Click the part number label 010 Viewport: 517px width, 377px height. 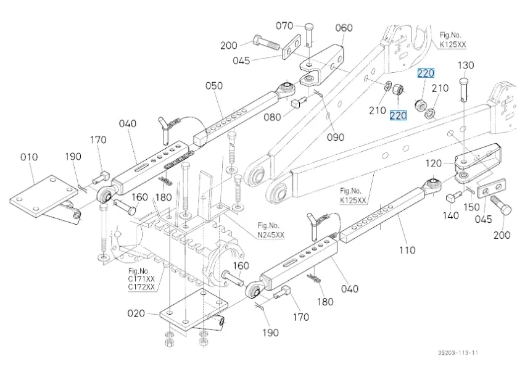pyautogui.click(x=29, y=157)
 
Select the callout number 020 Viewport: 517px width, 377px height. pyautogui.click(x=136, y=313)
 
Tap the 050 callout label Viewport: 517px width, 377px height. pyautogui.click(x=214, y=86)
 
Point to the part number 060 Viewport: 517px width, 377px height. pyautogui.click(x=344, y=28)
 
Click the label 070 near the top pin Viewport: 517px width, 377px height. pyautogui.click(x=284, y=25)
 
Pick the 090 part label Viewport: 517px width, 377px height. pyautogui.click(x=336, y=137)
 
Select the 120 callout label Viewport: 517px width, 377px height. pyautogui.click(x=434, y=163)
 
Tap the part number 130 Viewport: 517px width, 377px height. pyautogui.click(x=466, y=65)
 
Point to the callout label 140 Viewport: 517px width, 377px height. pyautogui.click(x=451, y=215)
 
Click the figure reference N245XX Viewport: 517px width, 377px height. pyautogui.click(x=271, y=234)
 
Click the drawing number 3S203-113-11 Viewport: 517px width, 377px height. pyautogui.click(x=458, y=352)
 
